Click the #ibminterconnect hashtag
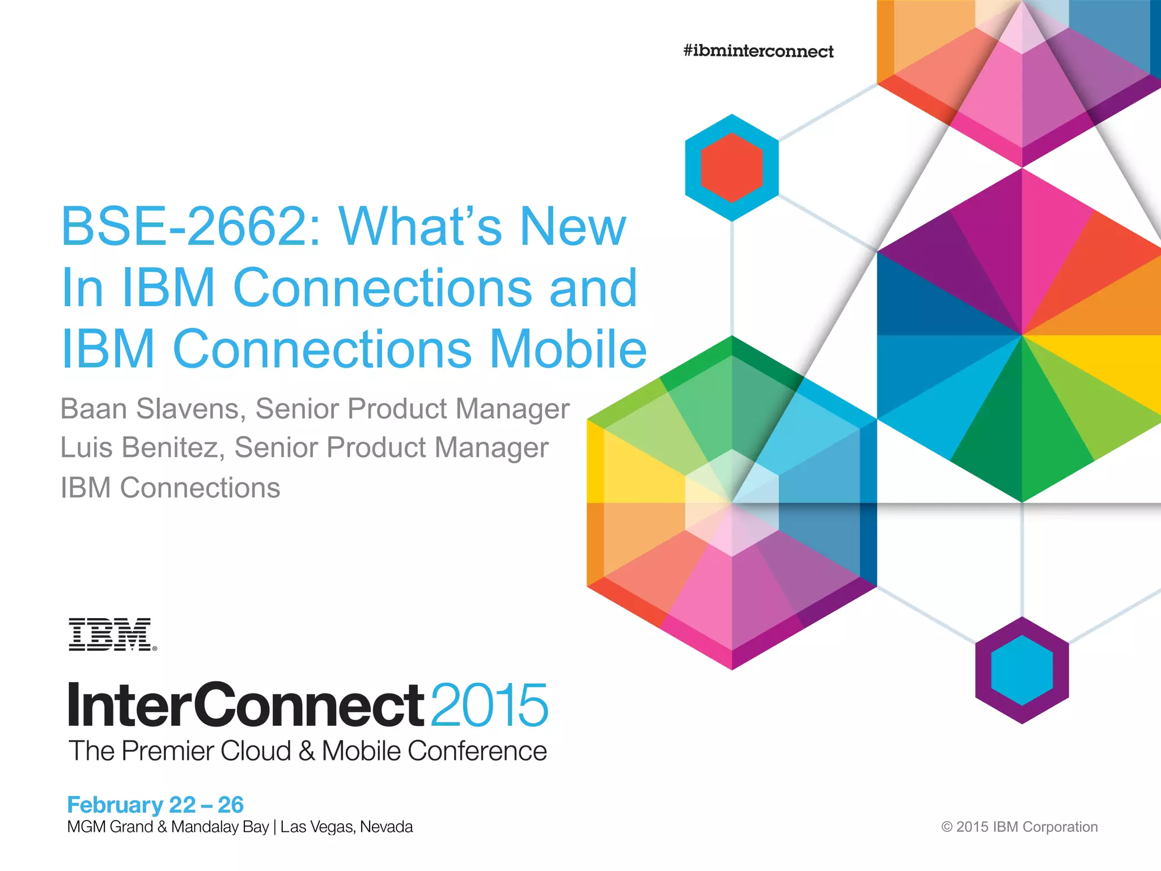[759, 51]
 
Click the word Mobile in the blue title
[567, 349]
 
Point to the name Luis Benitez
[138, 447]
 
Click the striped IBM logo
[112, 635]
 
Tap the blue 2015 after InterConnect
[489, 705]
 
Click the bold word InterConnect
[245, 705]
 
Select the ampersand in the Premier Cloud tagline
[307, 751]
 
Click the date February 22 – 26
[155, 805]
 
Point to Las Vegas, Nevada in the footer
[346, 827]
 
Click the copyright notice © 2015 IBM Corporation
[1019, 827]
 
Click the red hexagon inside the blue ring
[731, 167]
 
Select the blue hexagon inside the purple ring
[1022, 670]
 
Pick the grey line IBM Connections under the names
[170, 488]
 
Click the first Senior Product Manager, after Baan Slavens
[412, 409]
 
